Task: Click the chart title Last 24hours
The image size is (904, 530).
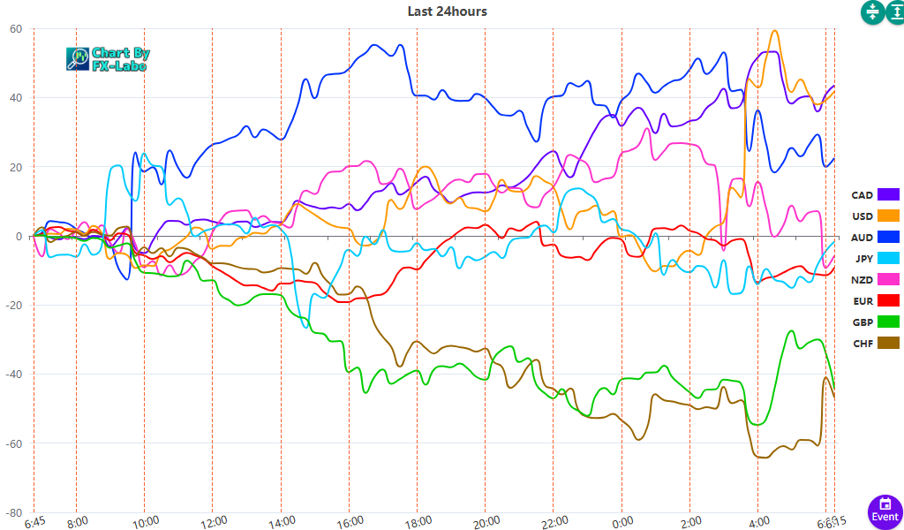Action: (447, 11)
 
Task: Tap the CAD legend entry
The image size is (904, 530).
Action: (874, 194)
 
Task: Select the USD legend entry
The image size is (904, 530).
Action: (874, 216)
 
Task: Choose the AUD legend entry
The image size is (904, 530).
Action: (874, 237)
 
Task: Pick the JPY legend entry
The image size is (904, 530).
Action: (874, 258)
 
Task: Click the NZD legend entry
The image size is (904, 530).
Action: (874, 279)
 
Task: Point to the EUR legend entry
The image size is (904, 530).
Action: (874, 300)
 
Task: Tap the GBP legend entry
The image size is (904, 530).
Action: (874, 322)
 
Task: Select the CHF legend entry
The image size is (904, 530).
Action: (874, 343)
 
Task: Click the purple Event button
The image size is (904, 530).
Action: (885, 509)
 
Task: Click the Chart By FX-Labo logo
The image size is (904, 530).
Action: (108, 59)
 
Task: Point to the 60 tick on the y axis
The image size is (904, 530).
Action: (15, 28)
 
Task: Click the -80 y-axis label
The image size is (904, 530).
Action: (13, 512)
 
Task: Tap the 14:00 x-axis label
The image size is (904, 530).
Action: (281, 521)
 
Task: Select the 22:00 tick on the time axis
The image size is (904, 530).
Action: (554, 521)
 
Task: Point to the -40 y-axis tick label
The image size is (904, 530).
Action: (13, 375)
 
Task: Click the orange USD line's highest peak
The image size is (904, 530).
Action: (775, 31)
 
